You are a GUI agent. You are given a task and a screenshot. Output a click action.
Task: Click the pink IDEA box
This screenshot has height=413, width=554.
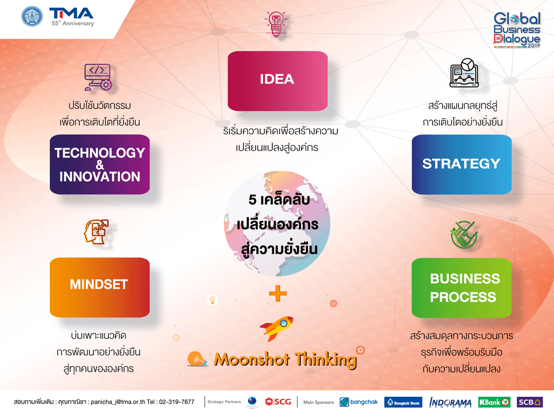277,81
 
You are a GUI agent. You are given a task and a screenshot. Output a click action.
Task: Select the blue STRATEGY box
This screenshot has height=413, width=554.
462,164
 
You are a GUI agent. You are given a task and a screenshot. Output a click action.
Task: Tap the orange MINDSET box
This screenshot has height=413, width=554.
100,287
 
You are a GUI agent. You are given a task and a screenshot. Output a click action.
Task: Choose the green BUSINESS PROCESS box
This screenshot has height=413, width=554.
462,288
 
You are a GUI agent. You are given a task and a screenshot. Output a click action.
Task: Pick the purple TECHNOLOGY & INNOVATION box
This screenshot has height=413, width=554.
100,164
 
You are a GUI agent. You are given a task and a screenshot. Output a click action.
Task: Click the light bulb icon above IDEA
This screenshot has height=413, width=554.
276,24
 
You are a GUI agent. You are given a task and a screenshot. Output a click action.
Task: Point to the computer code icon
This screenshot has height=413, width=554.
98,77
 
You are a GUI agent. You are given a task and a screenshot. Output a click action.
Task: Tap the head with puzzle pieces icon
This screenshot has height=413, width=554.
96,232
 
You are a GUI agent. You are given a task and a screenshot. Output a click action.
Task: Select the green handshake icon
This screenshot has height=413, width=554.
464,234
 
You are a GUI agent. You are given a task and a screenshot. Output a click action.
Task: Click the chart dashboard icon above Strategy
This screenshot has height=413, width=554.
464,73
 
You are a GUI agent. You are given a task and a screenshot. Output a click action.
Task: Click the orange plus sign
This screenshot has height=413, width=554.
277,293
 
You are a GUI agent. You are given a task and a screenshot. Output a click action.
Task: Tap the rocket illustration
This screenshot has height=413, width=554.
277,328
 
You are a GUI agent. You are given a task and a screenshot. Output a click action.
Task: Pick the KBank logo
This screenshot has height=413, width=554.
494,402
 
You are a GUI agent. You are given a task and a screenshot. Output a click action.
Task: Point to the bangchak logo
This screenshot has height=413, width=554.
359,402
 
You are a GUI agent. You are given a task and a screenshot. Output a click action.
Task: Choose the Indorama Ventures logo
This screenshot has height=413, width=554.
450,402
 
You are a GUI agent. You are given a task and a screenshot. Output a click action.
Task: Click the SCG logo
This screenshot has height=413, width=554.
278,401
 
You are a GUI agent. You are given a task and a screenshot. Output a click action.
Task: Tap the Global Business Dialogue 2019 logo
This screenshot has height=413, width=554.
517,30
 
